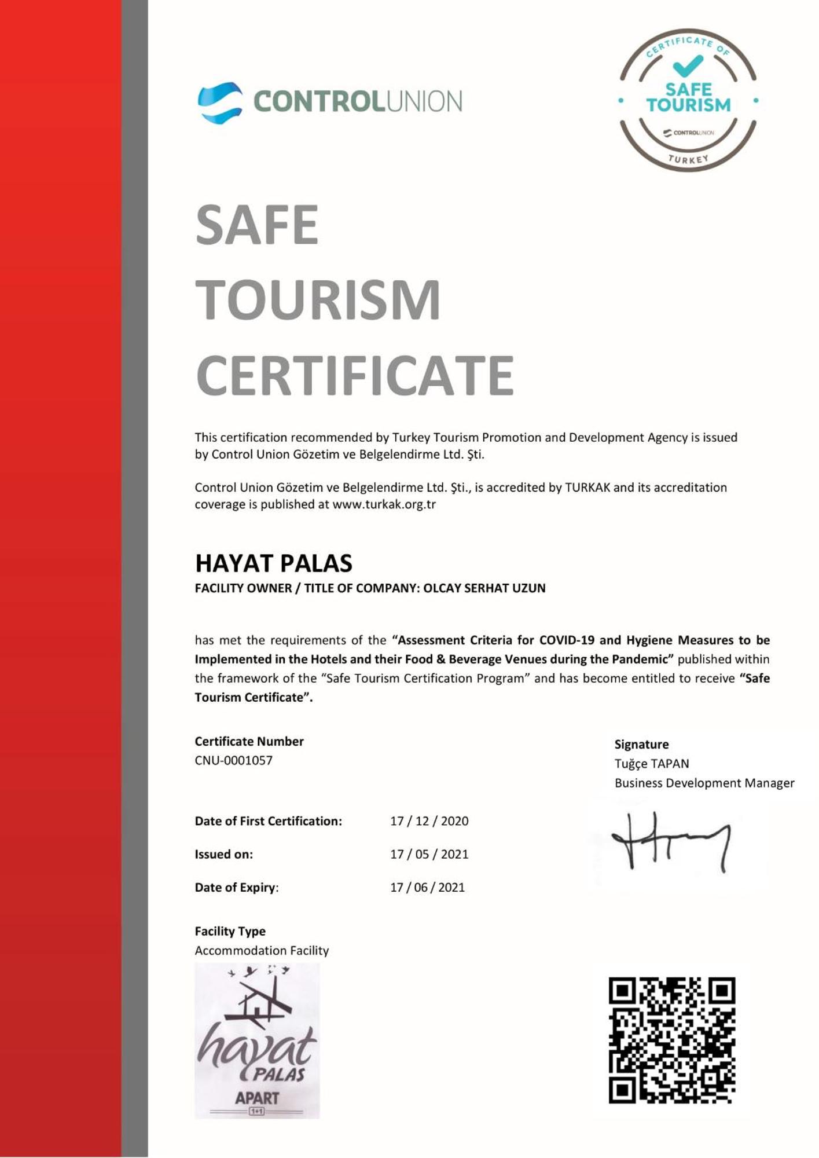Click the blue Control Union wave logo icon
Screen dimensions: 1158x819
[220, 102]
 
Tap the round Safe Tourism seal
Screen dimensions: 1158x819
[688, 100]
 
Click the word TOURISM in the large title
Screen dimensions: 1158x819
[318, 299]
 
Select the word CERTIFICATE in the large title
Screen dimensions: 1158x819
[355, 375]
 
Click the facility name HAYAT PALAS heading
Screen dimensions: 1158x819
[273, 563]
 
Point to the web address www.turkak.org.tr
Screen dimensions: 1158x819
[384, 504]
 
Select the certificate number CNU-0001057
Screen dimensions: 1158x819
[233, 760]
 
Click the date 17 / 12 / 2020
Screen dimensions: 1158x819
[429, 821]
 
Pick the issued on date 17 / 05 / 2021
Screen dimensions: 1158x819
[429, 854]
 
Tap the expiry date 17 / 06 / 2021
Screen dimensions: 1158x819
[427, 887]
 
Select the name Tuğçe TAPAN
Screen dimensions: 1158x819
[652, 764]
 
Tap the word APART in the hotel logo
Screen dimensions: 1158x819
[257, 1098]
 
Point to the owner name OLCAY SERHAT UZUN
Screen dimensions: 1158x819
[484, 588]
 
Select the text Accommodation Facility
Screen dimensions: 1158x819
[262, 951]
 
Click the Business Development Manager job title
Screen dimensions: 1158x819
[704, 783]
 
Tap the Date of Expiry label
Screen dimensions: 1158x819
[236, 887]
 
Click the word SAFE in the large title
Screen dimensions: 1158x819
[257, 225]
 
